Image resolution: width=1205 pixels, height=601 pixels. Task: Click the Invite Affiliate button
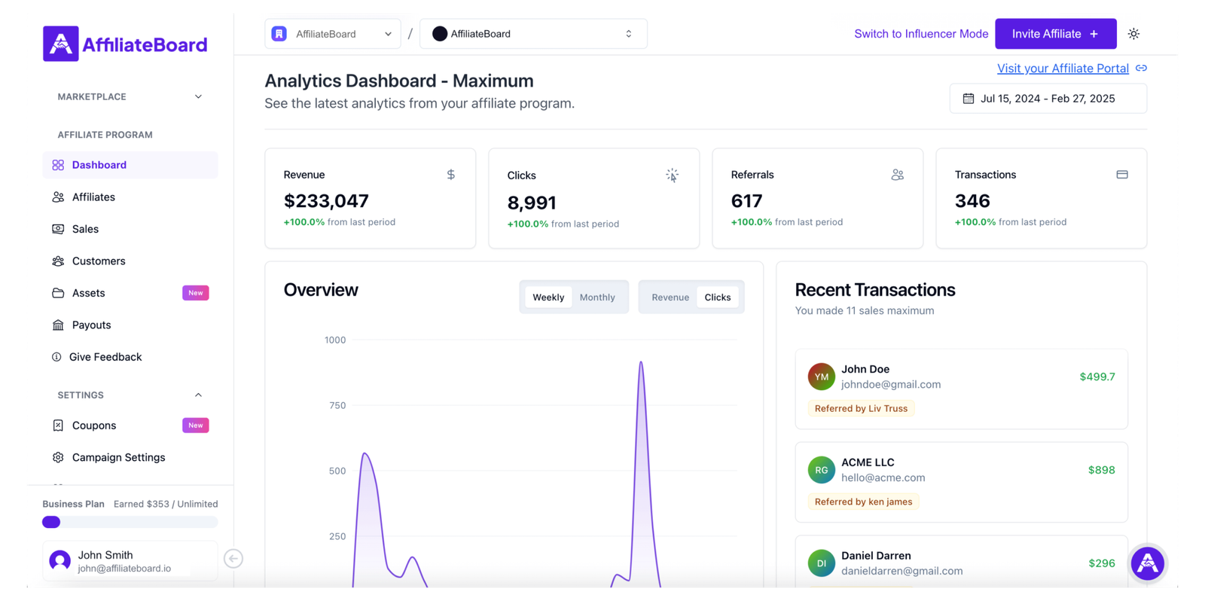[1055, 34]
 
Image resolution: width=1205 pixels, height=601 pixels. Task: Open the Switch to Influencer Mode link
[920, 34]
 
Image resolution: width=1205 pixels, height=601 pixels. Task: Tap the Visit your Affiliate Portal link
[1063, 69]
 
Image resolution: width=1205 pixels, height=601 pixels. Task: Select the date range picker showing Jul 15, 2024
[1048, 99]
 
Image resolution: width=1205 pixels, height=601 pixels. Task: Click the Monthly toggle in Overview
[597, 297]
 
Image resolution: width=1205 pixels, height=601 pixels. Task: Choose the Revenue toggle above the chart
[670, 297]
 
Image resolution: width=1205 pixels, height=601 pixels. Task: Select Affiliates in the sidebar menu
[93, 197]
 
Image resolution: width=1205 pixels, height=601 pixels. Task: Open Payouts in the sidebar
[91, 325]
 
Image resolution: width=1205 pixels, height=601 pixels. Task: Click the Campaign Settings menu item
[118, 458]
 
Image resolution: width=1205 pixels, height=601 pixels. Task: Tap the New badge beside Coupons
[196, 426]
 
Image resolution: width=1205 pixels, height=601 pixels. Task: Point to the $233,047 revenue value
[326, 201]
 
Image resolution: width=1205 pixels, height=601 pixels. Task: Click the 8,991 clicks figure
[532, 203]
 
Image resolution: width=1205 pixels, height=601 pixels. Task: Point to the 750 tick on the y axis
[337, 406]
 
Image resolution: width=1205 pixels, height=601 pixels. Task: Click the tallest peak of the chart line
[641, 363]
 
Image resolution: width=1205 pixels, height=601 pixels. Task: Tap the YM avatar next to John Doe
[821, 377]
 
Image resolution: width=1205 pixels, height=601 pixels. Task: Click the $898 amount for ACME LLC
[1101, 470]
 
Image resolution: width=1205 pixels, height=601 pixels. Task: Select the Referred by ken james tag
[863, 502]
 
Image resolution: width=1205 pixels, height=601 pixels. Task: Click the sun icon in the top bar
[1133, 34]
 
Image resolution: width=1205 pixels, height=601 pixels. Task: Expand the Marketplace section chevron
[198, 96]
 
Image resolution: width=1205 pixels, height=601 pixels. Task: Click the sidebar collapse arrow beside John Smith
[233, 559]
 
